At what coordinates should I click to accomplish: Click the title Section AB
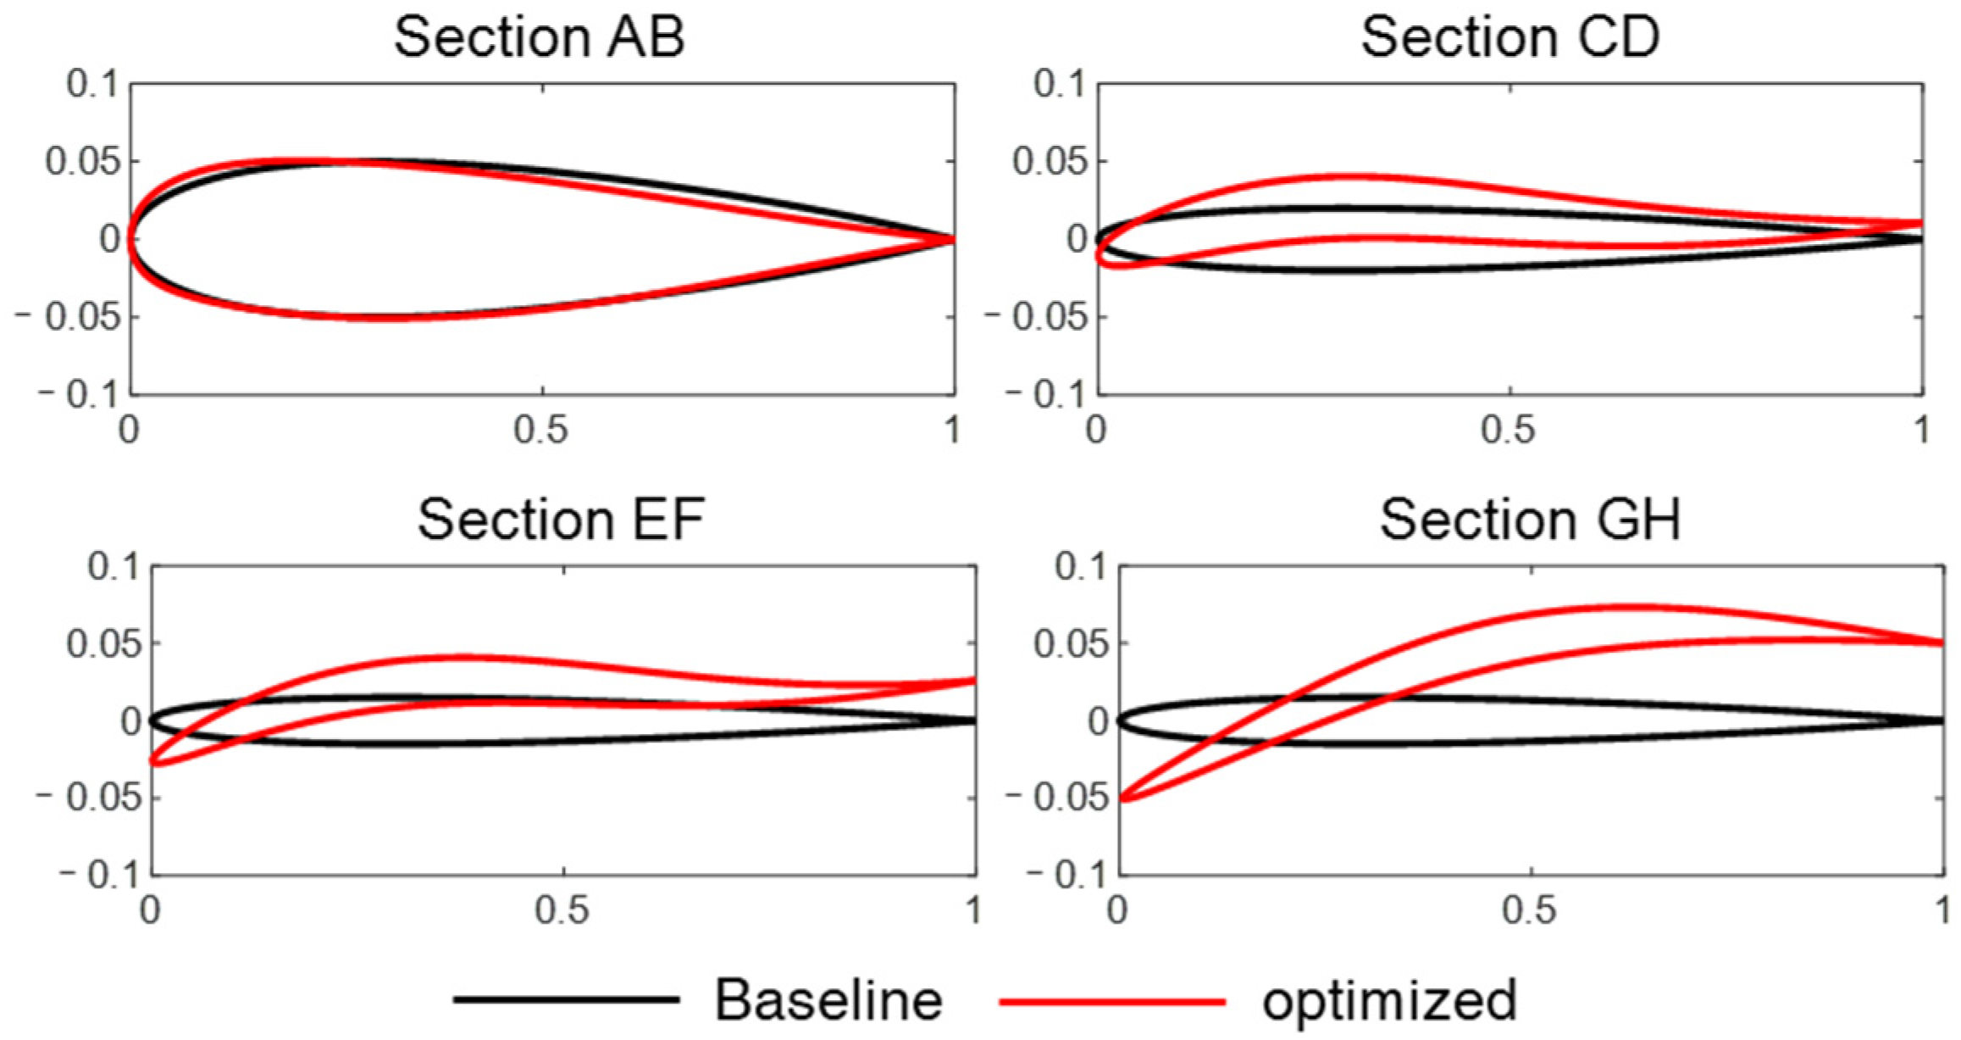(x=540, y=37)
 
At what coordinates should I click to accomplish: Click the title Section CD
(x=1510, y=37)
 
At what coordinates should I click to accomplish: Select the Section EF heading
(x=561, y=519)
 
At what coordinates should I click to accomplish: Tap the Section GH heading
(x=1530, y=519)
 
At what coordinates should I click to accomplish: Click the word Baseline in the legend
(x=828, y=1000)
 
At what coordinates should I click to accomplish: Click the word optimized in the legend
(x=1389, y=1000)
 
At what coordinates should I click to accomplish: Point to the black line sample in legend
(x=566, y=1000)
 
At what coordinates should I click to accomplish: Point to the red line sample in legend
(x=1111, y=1000)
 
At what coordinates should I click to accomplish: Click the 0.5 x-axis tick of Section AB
(x=540, y=431)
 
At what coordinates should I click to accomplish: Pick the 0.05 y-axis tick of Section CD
(x=1050, y=161)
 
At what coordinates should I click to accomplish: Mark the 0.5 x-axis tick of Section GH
(x=1530, y=910)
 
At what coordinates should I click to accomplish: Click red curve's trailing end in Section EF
(x=974, y=680)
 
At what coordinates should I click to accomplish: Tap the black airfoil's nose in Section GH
(x=1120, y=720)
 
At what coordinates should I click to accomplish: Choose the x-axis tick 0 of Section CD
(x=1097, y=431)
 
